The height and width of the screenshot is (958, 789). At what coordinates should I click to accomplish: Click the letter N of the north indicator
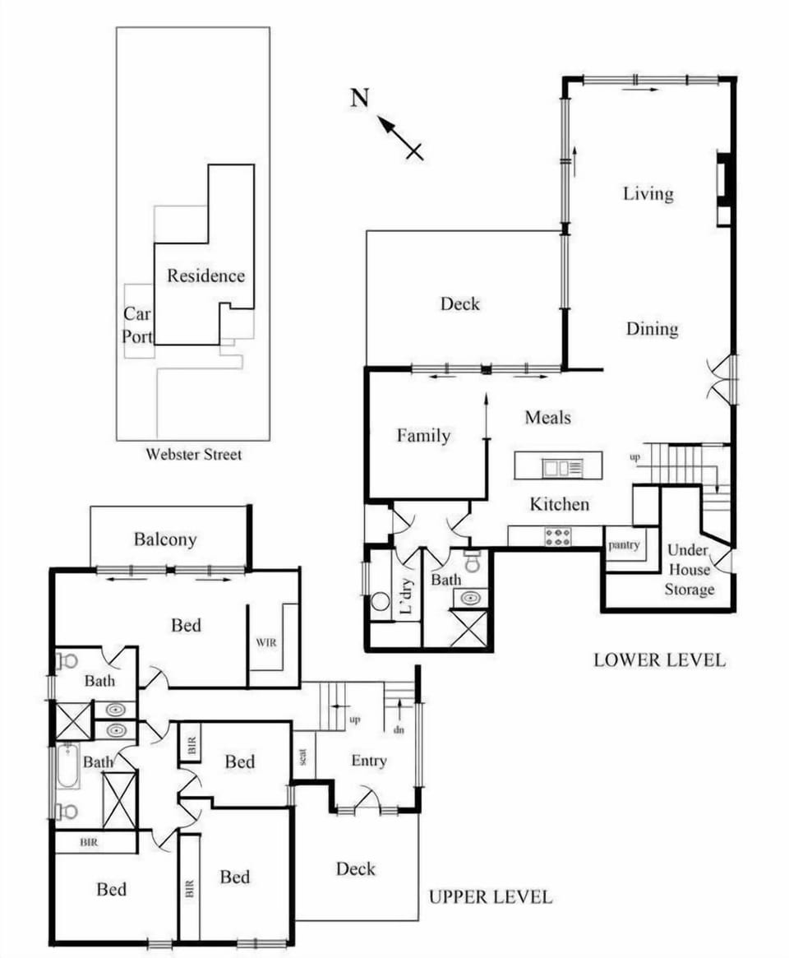click(360, 97)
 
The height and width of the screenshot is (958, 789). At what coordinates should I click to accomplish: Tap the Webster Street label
click(194, 454)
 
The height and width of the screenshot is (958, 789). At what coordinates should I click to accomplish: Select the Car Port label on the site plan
click(136, 325)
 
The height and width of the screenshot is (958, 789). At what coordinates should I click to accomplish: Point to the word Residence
click(205, 275)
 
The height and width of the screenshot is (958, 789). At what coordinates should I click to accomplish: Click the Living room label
click(648, 194)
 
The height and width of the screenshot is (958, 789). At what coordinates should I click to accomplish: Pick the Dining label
click(653, 329)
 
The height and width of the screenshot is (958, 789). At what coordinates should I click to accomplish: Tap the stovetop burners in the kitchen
click(557, 537)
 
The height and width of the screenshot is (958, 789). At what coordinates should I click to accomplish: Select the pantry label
click(624, 544)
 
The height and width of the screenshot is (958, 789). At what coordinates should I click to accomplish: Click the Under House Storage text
click(689, 569)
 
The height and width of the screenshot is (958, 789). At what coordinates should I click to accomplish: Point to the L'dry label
click(407, 595)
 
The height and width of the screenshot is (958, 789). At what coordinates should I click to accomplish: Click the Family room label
click(423, 435)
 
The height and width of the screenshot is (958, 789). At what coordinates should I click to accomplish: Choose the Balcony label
click(165, 539)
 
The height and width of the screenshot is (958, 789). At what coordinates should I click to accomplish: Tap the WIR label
click(265, 642)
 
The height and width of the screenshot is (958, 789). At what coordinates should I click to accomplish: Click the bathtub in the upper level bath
click(67, 766)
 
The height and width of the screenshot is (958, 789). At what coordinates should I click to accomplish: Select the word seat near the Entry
click(303, 757)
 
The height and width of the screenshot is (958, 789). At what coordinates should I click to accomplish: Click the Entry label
click(369, 761)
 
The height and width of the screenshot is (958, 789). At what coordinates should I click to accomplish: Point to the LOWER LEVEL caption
click(659, 659)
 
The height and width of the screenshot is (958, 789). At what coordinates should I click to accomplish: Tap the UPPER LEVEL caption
click(491, 897)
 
